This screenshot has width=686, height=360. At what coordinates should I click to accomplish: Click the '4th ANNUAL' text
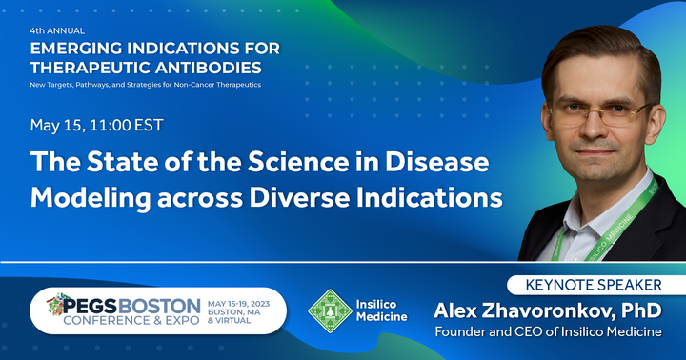pyautogui.click(x=57, y=31)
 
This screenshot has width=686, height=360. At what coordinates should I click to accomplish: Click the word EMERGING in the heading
pyautogui.click(x=75, y=49)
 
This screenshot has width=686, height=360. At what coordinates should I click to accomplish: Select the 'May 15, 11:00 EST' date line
pyautogui.click(x=96, y=126)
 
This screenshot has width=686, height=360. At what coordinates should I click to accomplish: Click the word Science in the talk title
pyautogui.click(x=298, y=162)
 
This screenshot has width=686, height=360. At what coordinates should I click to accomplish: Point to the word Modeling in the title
pyautogui.click(x=91, y=198)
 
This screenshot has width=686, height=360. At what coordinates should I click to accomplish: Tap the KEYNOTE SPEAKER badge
pyautogui.click(x=594, y=285)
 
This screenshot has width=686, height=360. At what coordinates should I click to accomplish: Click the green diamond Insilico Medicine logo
pyautogui.click(x=331, y=310)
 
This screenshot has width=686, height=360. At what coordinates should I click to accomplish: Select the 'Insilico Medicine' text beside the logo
pyautogui.click(x=381, y=310)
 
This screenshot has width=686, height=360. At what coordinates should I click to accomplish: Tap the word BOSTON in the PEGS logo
pyautogui.click(x=159, y=307)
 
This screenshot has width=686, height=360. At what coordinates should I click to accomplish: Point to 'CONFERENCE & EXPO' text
pyautogui.click(x=131, y=321)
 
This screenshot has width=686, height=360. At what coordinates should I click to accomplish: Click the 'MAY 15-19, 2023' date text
pyautogui.click(x=238, y=304)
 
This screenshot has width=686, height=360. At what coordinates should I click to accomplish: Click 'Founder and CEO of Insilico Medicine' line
pyautogui.click(x=548, y=331)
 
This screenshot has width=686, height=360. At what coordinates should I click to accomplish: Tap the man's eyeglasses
pyautogui.click(x=598, y=113)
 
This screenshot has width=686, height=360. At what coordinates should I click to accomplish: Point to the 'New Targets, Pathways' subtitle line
pyautogui.click(x=145, y=85)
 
